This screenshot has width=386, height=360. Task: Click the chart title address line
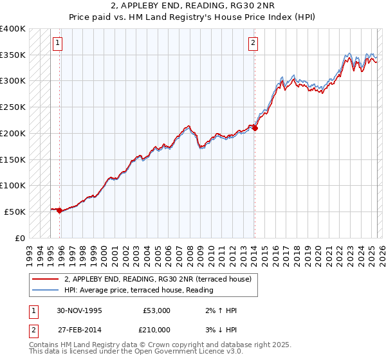(193, 7)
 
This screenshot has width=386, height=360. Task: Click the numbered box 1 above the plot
(58, 43)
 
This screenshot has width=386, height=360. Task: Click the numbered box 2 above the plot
(253, 43)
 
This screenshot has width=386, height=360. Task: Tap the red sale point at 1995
(59, 210)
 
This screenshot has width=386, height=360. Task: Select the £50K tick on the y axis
(15, 212)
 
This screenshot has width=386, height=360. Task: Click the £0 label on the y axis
(20, 238)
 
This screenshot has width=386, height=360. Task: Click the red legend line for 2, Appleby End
(46, 279)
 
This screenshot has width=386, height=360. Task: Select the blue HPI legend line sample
(46, 291)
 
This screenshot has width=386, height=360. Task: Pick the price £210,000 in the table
(156, 330)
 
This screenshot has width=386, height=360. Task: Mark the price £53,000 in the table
(156, 310)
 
